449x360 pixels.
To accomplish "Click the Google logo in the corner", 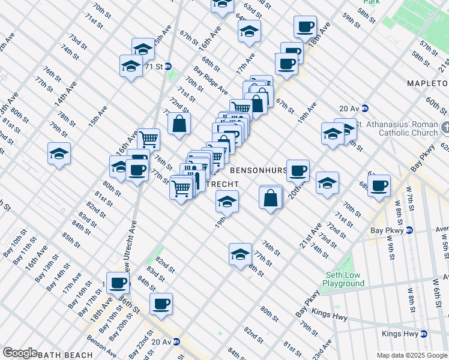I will coord(20,353).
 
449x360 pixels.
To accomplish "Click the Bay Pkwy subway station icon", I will coord(409,230).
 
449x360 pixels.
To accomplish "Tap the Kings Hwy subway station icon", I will coord(423,334).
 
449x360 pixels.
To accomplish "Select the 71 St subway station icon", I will coord(169,67).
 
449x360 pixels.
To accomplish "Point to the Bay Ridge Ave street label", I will coord(210,80).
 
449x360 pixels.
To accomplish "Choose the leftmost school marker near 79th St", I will coord(59,154).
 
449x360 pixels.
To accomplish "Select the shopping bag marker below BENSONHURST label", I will coord(271,196).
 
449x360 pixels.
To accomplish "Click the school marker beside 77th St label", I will coord(240,253).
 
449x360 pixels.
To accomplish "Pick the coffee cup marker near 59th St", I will coord(305,26).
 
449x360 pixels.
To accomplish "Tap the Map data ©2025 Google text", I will coord(412,355).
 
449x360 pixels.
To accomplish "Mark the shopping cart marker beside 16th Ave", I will coord(148,139).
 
